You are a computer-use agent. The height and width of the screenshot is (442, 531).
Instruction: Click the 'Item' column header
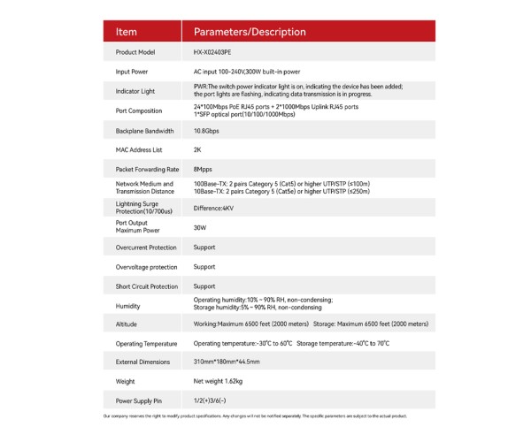(x=127, y=32)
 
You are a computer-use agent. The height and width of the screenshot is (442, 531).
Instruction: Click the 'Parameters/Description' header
(x=250, y=32)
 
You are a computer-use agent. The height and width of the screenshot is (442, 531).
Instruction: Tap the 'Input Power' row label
(x=132, y=72)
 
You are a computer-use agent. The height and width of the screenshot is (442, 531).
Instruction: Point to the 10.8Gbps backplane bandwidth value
(x=207, y=130)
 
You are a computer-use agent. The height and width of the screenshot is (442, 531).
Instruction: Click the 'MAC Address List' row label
(x=139, y=149)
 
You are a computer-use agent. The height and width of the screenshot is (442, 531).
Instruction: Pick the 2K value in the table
(x=197, y=149)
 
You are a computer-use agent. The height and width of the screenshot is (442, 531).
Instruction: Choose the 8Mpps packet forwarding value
(x=203, y=169)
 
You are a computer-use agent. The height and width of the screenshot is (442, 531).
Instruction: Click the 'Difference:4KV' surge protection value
(x=213, y=208)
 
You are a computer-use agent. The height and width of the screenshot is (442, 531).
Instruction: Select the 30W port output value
(x=200, y=227)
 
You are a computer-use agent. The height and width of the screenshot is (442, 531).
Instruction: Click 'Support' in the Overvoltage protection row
(x=204, y=266)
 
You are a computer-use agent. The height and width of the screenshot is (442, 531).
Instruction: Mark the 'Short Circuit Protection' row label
(x=146, y=286)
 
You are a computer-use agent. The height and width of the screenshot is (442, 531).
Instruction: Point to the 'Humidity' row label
(x=128, y=306)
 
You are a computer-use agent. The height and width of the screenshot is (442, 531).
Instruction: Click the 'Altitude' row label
(x=126, y=324)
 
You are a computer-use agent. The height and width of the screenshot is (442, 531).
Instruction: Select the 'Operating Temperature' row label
(x=144, y=343)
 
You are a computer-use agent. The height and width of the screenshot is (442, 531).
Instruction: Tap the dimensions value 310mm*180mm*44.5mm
(x=227, y=362)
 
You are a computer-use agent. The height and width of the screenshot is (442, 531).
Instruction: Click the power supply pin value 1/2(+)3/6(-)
(x=212, y=400)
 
